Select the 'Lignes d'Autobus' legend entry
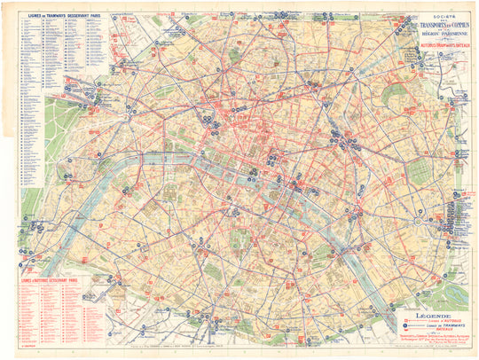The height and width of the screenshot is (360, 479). point(436,321)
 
